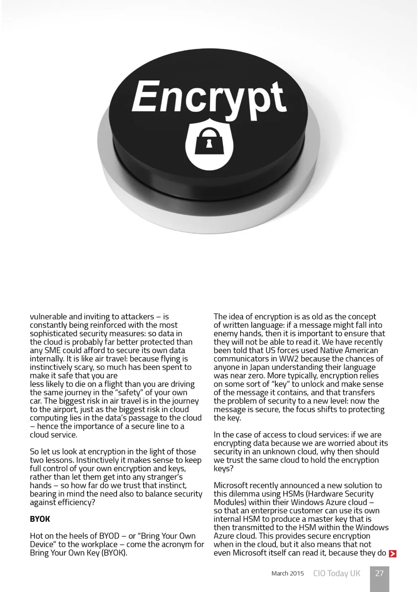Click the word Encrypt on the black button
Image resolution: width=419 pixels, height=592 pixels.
209,97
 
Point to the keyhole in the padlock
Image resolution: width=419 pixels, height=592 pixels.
209,144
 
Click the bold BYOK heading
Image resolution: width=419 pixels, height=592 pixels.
40,519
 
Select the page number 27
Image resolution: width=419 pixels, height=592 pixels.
379,573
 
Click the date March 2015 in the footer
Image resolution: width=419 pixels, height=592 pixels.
288,574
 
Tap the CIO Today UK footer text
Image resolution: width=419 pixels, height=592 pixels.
337,573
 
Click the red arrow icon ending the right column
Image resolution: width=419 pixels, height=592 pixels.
393,554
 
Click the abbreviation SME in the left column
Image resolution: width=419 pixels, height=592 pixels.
52,350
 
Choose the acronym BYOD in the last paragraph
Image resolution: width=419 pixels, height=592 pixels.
109,536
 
